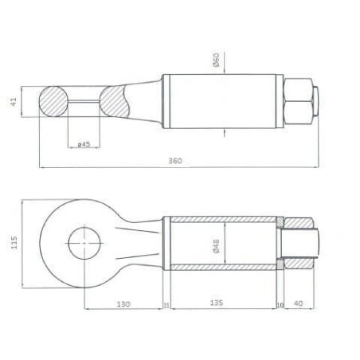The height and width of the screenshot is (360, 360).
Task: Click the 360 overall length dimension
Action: coord(175,161)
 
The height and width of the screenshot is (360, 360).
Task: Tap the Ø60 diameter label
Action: coord(217,60)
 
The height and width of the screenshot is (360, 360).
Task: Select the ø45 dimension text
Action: coord(84,144)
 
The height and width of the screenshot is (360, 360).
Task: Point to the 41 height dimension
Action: coord(14,102)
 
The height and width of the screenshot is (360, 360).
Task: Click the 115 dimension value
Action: coord(14,243)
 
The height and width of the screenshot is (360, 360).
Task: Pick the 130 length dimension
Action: coord(123,303)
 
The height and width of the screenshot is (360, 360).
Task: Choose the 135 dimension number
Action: coord(217,303)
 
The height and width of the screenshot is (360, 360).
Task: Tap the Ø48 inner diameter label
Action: coord(217,246)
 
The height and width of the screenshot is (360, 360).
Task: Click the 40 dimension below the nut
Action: coord(299,303)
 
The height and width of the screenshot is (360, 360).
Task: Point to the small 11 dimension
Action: coord(166,306)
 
